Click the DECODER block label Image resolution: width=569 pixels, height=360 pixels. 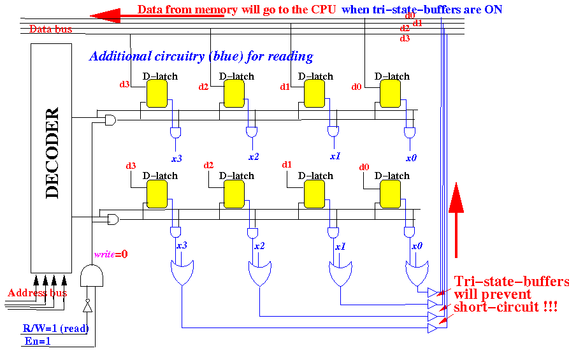52,153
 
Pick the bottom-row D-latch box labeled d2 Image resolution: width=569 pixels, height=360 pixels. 234,194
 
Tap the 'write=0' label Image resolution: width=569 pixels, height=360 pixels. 111,254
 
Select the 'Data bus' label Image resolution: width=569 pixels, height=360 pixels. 50,29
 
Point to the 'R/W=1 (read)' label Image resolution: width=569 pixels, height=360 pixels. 55,329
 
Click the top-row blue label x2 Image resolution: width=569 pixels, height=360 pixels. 253,157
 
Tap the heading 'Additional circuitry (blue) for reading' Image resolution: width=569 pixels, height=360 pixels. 201,57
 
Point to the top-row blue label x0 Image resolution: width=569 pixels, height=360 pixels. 412,157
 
